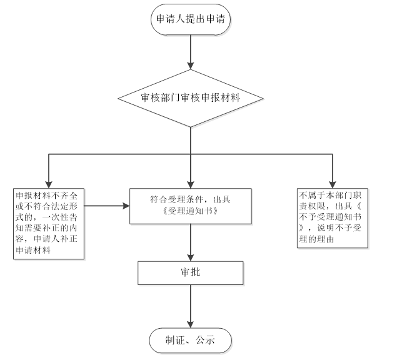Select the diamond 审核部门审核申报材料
tap(191, 97)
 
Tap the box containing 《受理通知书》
tap(191, 206)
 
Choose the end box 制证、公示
tap(191, 341)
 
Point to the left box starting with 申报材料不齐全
tap(50, 222)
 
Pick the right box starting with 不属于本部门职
tap(331, 216)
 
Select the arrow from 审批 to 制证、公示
tap(191, 306)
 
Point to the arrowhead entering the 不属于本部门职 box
tap(331, 182)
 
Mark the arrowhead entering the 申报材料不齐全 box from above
tap(48, 182)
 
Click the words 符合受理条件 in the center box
tap(168, 199)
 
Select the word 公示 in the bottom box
tap(206, 341)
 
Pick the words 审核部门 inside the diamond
tap(159, 97)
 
